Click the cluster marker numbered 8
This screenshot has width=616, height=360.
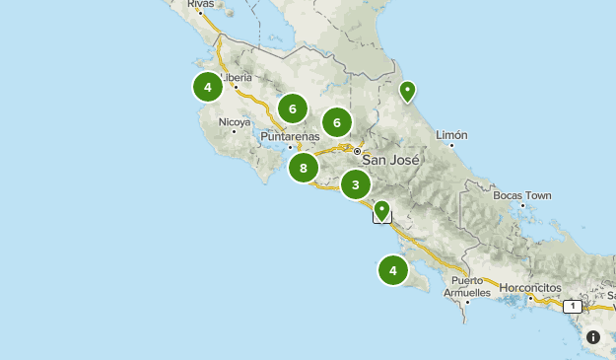click(x=304, y=168)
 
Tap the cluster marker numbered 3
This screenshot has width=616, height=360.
click(x=356, y=184)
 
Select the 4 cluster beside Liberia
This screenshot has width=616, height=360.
click(x=207, y=88)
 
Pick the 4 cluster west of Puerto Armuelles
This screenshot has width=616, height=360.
click(x=393, y=270)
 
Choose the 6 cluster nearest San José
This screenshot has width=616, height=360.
click(x=337, y=122)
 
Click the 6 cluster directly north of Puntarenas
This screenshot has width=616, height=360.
click(x=292, y=108)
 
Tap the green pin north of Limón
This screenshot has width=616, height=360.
click(x=406, y=92)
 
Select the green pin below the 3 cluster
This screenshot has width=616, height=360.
click(x=381, y=209)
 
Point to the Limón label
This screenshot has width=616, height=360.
click(x=450, y=134)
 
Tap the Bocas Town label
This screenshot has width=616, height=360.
click(x=521, y=195)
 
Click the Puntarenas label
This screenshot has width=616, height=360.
click(x=291, y=136)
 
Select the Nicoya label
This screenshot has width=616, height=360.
click(x=235, y=122)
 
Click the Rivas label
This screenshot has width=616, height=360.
click(x=199, y=5)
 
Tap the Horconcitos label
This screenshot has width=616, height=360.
click(x=530, y=288)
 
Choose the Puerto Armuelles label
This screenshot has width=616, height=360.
click(x=471, y=287)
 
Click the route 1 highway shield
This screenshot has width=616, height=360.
click(x=571, y=306)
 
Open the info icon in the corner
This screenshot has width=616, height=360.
click(x=593, y=337)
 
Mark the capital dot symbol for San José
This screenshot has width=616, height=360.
click(x=357, y=151)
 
